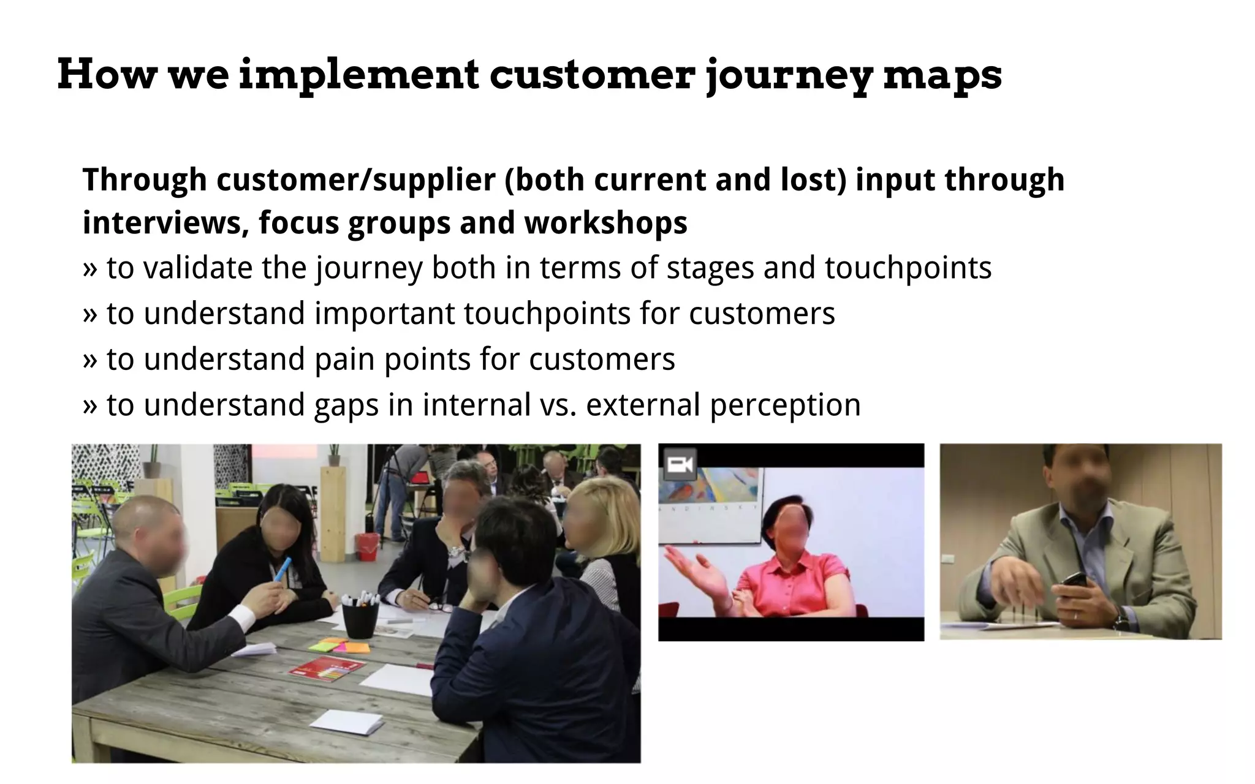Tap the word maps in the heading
point(942,76)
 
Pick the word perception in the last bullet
point(785,405)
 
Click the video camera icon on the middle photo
point(680,466)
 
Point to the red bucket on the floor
point(368,546)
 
